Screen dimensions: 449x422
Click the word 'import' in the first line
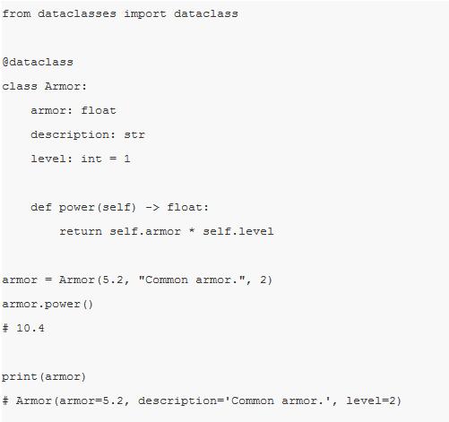pyautogui.click(x=145, y=14)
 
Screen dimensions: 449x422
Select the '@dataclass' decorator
pyautogui.click(x=38, y=62)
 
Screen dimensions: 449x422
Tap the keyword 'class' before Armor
pyautogui.click(x=20, y=86)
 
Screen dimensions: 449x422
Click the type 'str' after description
pyautogui.click(x=134, y=134)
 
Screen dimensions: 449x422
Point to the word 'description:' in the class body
pyautogui.click(x=73, y=135)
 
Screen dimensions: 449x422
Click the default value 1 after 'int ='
pyautogui.click(x=127, y=159)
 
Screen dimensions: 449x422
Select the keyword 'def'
pyautogui.click(x=41, y=207)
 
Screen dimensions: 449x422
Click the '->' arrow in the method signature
pyautogui.click(x=152, y=207)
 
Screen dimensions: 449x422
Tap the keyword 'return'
pyautogui.click(x=81, y=231)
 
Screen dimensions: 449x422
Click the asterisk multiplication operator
pyautogui.click(x=192, y=230)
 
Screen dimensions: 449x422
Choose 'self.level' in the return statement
pyautogui.click(x=238, y=231)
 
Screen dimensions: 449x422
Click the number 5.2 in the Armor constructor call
pyautogui.click(x=113, y=280)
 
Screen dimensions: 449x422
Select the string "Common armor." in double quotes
pyautogui.click(x=191, y=280)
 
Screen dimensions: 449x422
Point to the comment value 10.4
pyautogui.click(x=30, y=328)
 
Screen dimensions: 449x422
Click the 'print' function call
pyautogui.click(x=20, y=377)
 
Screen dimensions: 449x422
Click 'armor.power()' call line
pyautogui.click(x=47, y=305)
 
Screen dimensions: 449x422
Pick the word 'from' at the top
pyautogui.click(x=16, y=14)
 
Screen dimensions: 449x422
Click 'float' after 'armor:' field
pyautogui.click(x=99, y=110)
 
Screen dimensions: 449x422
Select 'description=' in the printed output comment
pyautogui.click(x=181, y=401)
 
